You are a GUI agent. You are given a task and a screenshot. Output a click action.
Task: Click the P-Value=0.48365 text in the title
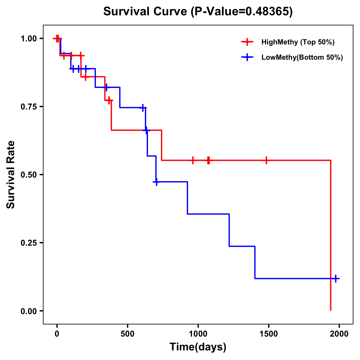[x=241, y=12]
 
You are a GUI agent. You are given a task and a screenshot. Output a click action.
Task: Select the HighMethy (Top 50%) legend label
[x=298, y=42]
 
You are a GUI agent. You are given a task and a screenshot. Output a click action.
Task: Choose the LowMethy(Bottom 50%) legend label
[x=302, y=57]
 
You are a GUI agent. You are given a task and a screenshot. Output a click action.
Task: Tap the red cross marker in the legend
[x=247, y=42]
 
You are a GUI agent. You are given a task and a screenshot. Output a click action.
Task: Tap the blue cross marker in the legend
[x=247, y=57]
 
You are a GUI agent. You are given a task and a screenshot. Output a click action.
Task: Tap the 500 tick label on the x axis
[x=127, y=334]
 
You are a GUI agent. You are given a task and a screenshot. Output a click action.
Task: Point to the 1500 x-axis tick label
[x=268, y=334]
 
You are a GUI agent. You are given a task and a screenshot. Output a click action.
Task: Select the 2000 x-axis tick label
[x=339, y=334]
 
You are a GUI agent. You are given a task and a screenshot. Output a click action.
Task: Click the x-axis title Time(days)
[x=198, y=347]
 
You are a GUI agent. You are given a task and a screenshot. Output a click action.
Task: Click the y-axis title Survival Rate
[x=11, y=174]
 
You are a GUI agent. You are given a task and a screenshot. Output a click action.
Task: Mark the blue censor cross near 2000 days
[x=336, y=278]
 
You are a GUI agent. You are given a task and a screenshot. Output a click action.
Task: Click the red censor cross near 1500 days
[x=266, y=160]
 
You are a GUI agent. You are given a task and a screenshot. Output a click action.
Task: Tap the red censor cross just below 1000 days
[x=193, y=160]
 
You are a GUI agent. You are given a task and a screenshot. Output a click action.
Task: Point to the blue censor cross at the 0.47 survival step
[x=156, y=182]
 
